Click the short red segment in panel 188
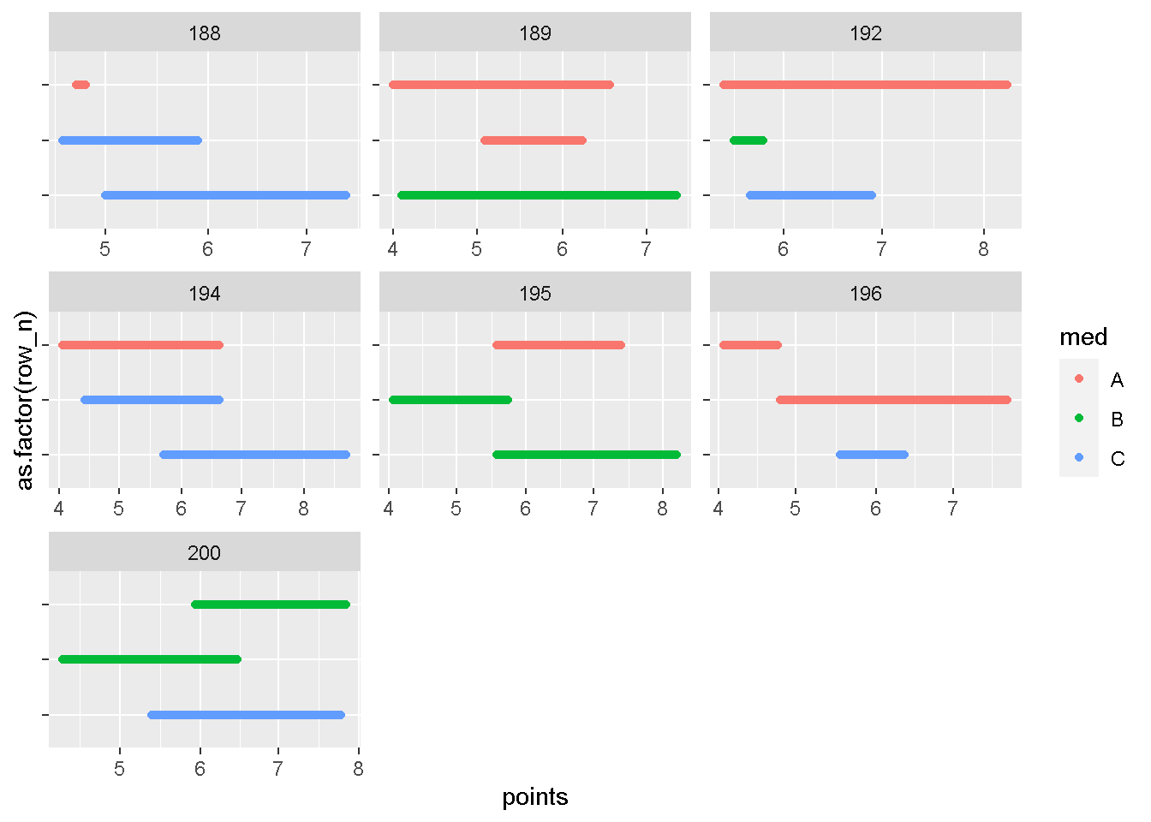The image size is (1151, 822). [x=81, y=85]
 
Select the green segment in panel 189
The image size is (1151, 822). [x=539, y=195]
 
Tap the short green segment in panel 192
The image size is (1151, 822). [x=748, y=140]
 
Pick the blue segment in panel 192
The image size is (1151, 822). [x=811, y=195]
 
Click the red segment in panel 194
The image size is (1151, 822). [x=140, y=345]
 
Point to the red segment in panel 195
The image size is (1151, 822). [x=558, y=345]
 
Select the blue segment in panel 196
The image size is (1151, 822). [x=872, y=455]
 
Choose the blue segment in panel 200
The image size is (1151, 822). [x=246, y=715]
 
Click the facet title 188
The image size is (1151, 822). [x=204, y=33]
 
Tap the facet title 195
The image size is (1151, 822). [x=534, y=294]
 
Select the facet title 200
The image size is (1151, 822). [x=204, y=553]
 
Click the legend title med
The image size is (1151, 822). [x=1083, y=337]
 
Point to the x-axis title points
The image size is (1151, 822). [x=534, y=797]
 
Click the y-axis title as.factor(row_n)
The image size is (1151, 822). [x=26, y=400]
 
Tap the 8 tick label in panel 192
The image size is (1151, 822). [x=983, y=249]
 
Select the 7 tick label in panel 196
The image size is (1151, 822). [x=952, y=509]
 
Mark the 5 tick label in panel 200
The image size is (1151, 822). [x=119, y=769]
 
